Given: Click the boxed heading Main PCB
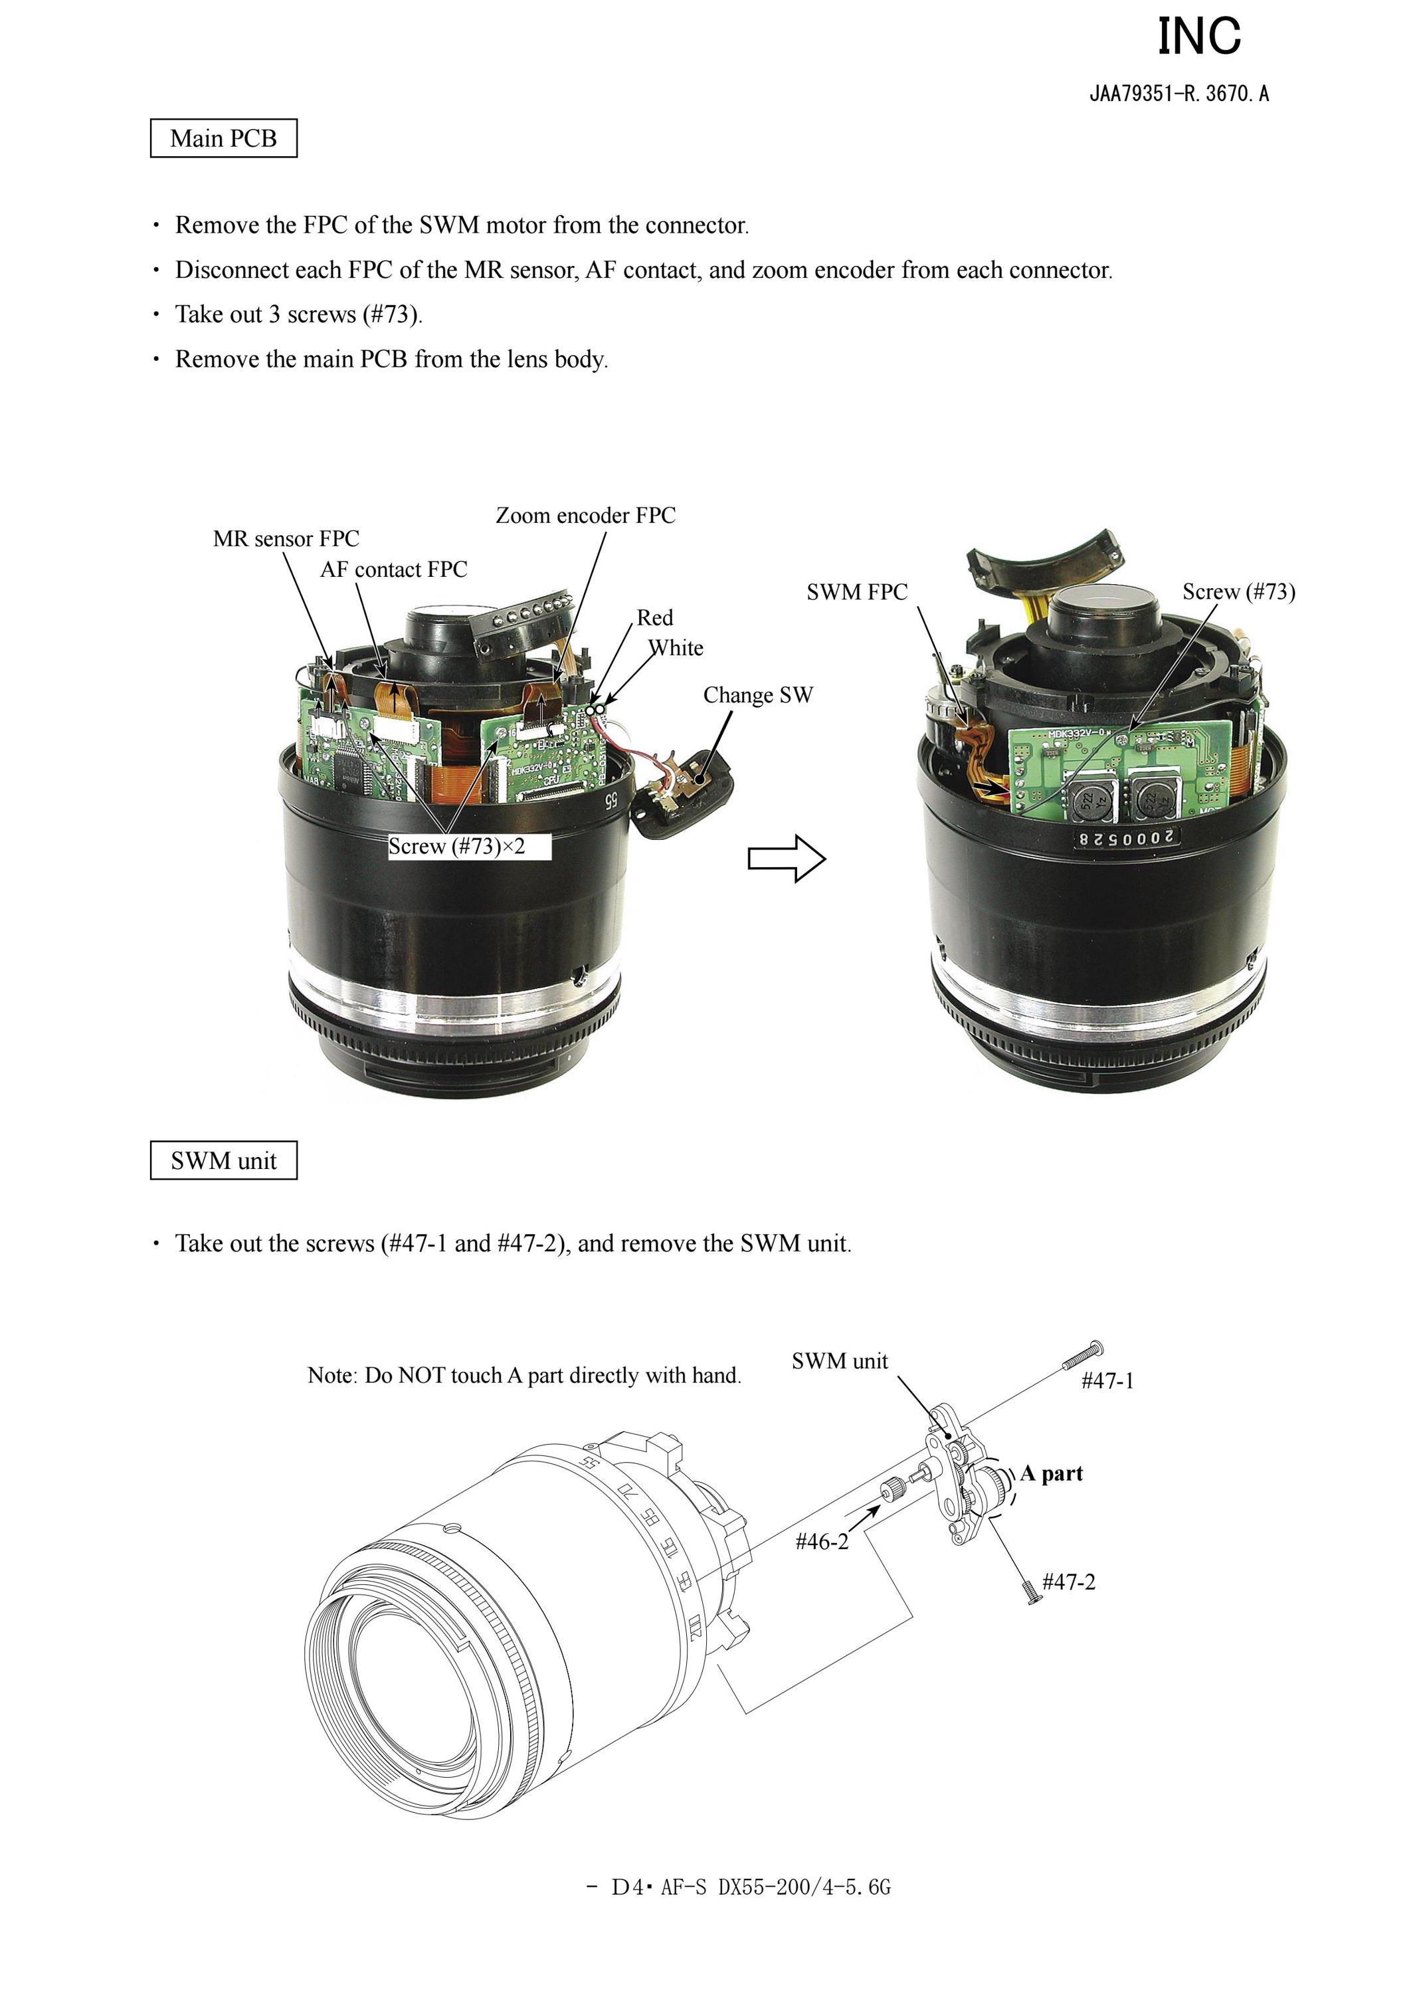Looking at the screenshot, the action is (x=223, y=139).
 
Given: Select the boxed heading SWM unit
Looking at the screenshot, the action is (x=223, y=1160).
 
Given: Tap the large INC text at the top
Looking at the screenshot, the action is (x=1200, y=37).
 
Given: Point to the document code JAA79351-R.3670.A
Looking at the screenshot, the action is (x=1179, y=94).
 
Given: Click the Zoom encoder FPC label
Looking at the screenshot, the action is (x=586, y=516).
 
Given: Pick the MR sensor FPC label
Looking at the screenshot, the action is (x=286, y=539).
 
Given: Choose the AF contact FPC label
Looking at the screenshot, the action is (x=394, y=570).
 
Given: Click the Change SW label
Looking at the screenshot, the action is (x=758, y=695).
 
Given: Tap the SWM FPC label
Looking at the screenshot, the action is (x=857, y=592).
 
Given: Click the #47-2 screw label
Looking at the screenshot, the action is (x=1069, y=1582).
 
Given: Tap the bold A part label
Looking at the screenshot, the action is (x=1052, y=1473).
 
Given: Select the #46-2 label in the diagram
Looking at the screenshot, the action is (x=822, y=1542).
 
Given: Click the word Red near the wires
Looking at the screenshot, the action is (x=655, y=618).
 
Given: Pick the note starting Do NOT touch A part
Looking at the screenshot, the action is (x=525, y=1375).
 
